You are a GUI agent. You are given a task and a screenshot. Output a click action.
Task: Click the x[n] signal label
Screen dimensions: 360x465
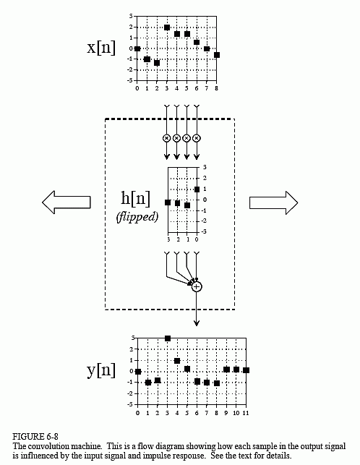coord(101,48)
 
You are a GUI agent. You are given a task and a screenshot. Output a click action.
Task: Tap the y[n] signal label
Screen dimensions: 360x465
coord(101,370)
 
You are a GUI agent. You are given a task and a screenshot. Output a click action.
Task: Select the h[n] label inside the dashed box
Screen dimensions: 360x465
coord(135,198)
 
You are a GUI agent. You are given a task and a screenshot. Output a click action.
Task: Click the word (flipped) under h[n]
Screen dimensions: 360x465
coord(137,217)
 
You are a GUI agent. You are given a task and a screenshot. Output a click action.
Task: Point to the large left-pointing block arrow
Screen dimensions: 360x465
coord(66,202)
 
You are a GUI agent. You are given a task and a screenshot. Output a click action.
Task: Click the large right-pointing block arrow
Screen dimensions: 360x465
coord(273,202)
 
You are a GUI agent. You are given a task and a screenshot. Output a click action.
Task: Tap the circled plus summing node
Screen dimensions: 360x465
coord(197,287)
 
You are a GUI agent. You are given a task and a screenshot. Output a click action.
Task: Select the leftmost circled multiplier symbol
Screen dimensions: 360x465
coord(167,138)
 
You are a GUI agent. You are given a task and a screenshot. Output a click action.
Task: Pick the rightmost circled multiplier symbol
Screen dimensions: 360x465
coord(197,138)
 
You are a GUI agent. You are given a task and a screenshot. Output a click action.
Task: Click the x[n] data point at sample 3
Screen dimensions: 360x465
coord(167,27)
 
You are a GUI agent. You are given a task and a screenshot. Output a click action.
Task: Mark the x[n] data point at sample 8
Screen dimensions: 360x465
coord(217,55)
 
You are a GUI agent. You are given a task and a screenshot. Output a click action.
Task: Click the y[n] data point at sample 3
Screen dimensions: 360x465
coord(168,338)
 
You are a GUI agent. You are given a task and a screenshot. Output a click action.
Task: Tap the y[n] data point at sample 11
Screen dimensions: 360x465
coord(246,370)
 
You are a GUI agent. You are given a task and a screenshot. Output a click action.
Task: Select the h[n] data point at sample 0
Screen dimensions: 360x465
coord(197,189)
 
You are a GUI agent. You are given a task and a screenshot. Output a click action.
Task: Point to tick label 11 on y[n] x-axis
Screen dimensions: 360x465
coord(246,413)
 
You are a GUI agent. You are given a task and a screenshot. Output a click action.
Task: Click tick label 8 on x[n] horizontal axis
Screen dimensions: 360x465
coord(216,88)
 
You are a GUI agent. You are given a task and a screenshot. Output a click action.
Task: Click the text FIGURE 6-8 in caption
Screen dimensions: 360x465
coord(35,437)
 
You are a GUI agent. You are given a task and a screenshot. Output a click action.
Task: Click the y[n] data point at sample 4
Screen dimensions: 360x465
coord(177,361)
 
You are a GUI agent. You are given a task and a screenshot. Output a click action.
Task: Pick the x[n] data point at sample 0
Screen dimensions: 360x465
coord(137,48)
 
